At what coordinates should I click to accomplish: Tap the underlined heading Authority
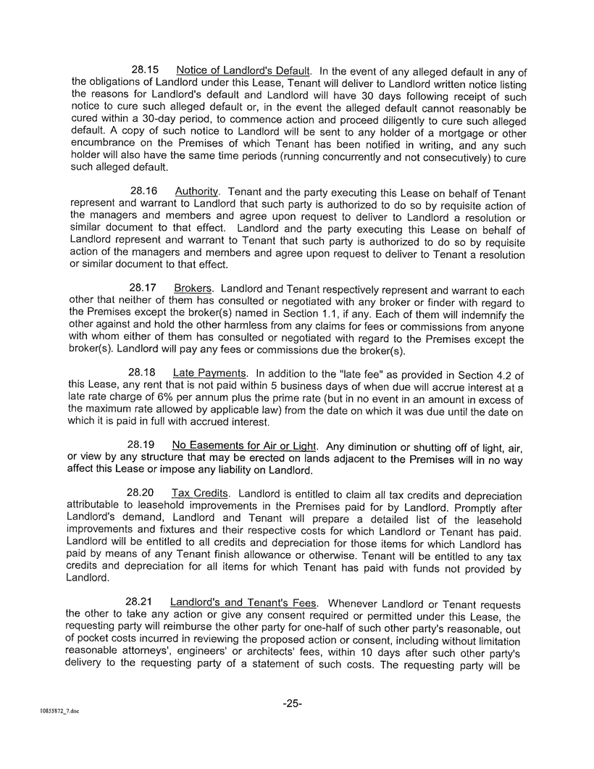(x=196, y=191)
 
